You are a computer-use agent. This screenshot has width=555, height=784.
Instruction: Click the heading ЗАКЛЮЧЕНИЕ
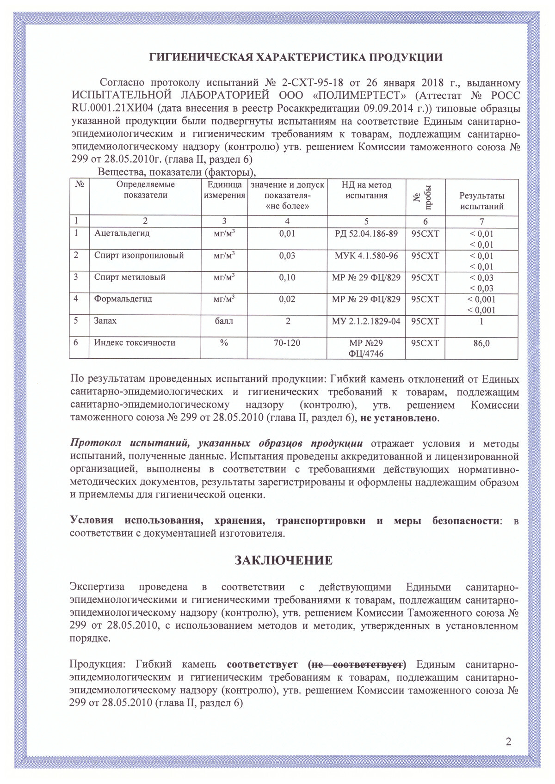(284, 561)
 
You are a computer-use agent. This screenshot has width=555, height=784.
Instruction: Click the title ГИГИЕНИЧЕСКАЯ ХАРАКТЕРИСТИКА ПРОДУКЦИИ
(296, 57)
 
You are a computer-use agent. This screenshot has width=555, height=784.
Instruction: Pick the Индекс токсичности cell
(135, 343)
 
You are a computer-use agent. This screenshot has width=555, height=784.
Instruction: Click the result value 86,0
(481, 343)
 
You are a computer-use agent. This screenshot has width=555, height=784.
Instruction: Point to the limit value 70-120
(287, 343)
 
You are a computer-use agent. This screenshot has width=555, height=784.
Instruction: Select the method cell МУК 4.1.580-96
(366, 256)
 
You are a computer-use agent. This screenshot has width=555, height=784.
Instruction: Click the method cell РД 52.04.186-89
(366, 233)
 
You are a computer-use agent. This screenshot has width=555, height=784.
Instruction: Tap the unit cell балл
(224, 321)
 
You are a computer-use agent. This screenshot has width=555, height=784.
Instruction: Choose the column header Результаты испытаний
(481, 201)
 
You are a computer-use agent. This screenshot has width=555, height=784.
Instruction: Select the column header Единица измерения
(224, 190)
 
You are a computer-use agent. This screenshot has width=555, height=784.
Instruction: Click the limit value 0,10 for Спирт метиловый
(287, 277)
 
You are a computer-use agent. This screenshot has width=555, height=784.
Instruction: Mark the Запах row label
(105, 321)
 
